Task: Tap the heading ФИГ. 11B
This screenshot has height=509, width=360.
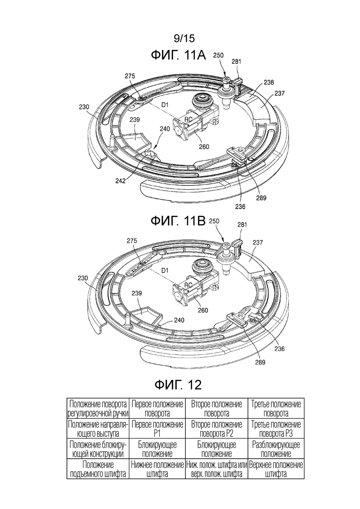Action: [178, 220]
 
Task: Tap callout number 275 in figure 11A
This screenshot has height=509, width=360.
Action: [130, 76]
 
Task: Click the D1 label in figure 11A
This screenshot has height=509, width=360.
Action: [164, 106]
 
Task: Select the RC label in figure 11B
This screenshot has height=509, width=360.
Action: [188, 285]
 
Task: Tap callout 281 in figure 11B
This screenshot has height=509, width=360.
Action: [243, 225]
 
